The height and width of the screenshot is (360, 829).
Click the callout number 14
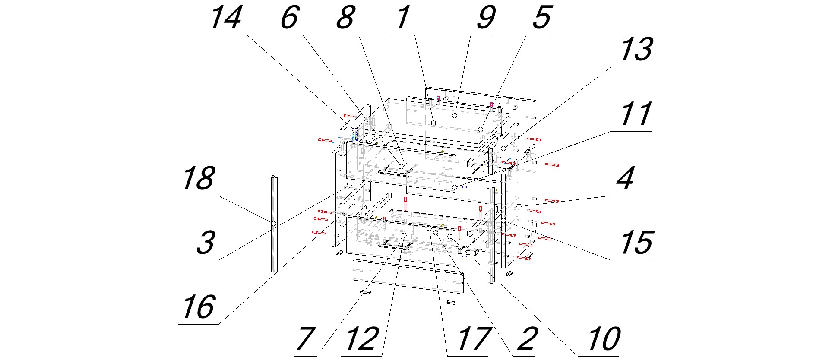click(x=226, y=19)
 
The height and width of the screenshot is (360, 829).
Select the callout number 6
click(x=290, y=19)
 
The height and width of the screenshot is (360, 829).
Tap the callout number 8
click(x=345, y=19)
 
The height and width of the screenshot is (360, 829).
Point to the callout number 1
click(x=402, y=19)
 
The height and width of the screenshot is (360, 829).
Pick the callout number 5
click(x=541, y=19)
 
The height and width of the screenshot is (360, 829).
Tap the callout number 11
click(x=636, y=115)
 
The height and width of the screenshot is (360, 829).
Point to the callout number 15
click(x=636, y=243)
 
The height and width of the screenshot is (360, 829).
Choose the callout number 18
click(x=198, y=179)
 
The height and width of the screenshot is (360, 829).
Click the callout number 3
click(x=206, y=243)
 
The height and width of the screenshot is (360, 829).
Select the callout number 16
click(x=198, y=307)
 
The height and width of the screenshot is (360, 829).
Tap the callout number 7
click(x=305, y=339)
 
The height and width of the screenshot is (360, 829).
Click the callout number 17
click(x=468, y=339)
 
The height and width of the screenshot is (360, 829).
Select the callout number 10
click(x=604, y=339)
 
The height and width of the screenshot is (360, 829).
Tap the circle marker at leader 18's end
click(x=274, y=224)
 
